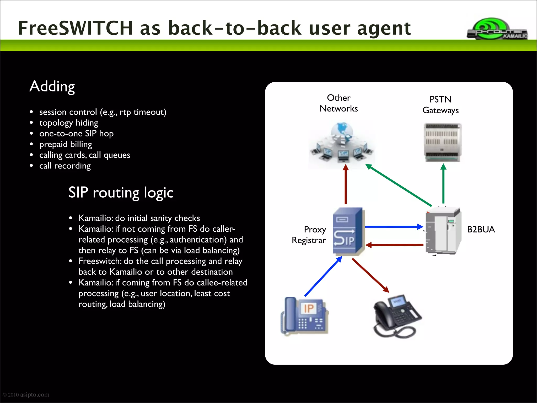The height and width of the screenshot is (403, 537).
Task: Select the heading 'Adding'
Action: click(x=52, y=87)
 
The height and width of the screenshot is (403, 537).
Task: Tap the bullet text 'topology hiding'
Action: click(x=69, y=123)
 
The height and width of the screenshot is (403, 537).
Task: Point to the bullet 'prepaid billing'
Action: click(x=66, y=144)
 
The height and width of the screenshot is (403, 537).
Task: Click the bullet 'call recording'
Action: click(x=65, y=166)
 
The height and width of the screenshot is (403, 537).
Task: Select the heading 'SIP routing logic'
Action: click(x=121, y=193)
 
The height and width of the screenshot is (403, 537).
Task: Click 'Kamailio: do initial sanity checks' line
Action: click(x=139, y=218)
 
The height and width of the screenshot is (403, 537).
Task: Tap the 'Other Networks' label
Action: click(x=339, y=103)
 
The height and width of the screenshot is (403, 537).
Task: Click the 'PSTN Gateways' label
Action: click(x=441, y=105)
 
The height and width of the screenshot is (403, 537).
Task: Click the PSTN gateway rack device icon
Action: click(x=443, y=142)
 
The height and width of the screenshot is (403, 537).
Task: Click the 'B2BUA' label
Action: click(x=481, y=230)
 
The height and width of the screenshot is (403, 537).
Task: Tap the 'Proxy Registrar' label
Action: click(x=309, y=235)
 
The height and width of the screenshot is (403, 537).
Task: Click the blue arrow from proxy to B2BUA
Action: click(x=393, y=227)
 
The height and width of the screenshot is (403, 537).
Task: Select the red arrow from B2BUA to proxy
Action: click(x=395, y=245)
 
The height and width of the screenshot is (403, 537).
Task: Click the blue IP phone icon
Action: click(x=304, y=316)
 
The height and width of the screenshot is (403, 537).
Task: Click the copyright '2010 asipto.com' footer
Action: click(x=26, y=395)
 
